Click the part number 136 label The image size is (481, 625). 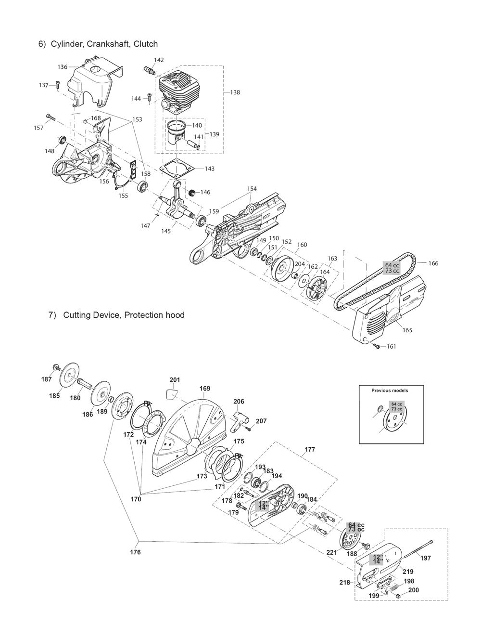click(x=63, y=67)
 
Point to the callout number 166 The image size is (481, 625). click(x=433, y=263)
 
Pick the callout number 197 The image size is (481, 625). click(x=426, y=558)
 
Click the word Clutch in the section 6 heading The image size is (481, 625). click(x=146, y=44)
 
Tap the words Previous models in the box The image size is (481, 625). click(x=390, y=391)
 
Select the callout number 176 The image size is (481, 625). click(x=135, y=552)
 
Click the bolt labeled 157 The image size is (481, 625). click(x=51, y=117)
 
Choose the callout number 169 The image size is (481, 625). click(x=205, y=388)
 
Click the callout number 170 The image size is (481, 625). click(x=136, y=499)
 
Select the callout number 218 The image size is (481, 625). click(x=345, y=583)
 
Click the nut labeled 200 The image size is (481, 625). click(x=399, y=597)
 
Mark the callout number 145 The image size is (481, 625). click(x=166, y=231)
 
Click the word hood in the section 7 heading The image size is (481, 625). click(x=175, y=315)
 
